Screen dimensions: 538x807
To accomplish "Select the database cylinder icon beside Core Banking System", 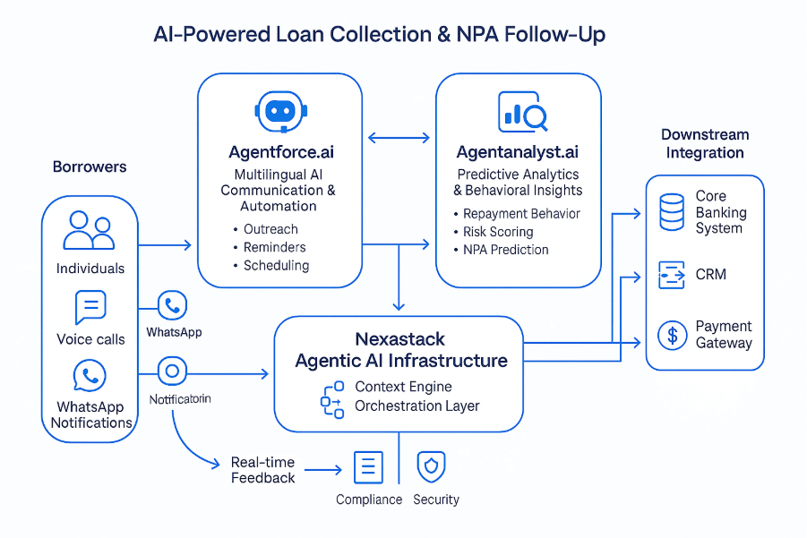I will point(672,212).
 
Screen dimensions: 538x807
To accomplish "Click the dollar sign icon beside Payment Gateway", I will point(672,335).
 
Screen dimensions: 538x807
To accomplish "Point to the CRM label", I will point(710,274).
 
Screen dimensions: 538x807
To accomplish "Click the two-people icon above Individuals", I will point(90,230).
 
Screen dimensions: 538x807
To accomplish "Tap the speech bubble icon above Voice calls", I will point(90,307).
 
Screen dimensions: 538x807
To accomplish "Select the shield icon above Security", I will point(432,466).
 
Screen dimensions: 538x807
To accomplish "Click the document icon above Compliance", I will point(369,467).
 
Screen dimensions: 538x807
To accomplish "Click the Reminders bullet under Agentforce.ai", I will point(274,247).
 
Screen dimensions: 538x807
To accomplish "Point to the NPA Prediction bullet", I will point(505,250).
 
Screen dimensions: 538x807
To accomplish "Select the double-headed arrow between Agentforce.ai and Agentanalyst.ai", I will point(399,138).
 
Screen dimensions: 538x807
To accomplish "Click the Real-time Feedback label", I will point(262,470).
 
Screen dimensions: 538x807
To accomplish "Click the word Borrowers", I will point(90,167).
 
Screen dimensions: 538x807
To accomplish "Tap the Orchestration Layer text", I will point(417,406).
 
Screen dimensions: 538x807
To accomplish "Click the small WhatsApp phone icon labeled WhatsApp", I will point(172,306).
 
